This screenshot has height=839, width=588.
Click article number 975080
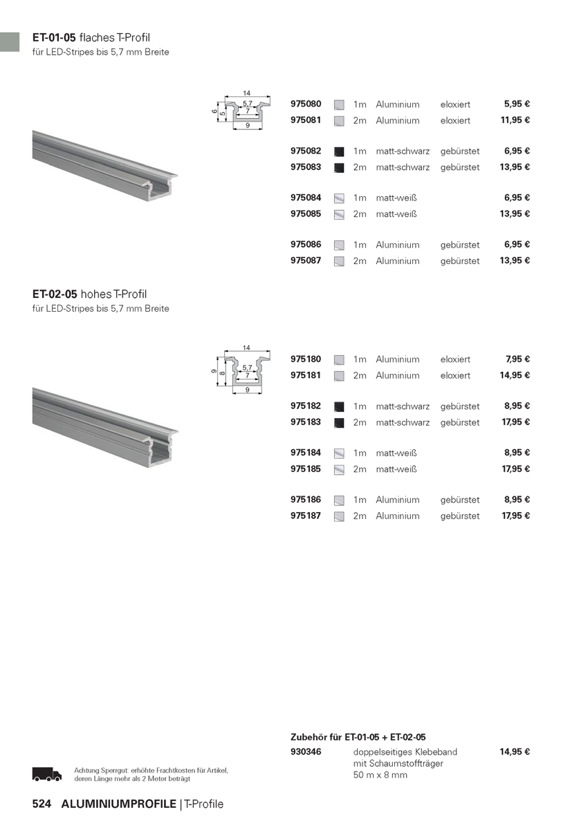306,104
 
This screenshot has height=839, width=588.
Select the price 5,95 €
517,104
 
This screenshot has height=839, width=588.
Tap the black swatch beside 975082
339,151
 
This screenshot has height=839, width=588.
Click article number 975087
306,261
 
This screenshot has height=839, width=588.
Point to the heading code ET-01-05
54,37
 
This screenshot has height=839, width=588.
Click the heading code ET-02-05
54,294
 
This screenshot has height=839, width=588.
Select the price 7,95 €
517,359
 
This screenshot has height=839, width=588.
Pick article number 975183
306,422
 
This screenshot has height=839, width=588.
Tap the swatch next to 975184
339,453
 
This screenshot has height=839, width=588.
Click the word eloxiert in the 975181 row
455,375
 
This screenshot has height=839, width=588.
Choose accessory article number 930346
306,751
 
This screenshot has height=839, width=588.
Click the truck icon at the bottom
47,775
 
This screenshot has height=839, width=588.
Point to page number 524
42,804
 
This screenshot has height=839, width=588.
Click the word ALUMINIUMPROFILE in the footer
119,804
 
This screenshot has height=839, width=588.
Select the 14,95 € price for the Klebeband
515,751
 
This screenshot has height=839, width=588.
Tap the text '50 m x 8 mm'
380,775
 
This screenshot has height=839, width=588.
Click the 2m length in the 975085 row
360,214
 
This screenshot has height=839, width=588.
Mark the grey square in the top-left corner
10,41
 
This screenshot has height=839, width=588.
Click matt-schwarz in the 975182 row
403,406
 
